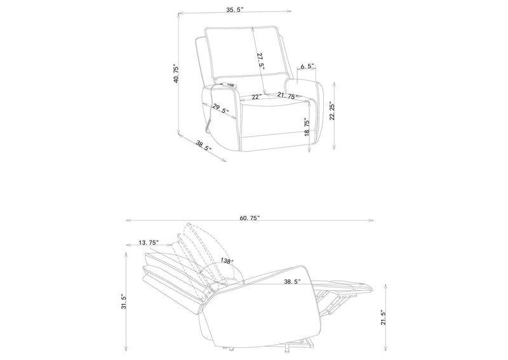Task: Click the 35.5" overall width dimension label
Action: coord(235,10)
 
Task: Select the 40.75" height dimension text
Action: coord(177,74)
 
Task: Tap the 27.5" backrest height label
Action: coord(261,61)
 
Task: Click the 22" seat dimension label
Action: coord(257,97)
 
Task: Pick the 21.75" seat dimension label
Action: coord(288,96)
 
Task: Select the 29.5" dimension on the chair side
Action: coord(221,109)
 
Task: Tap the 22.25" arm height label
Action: coord(332,111)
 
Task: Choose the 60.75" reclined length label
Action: coord(250,218)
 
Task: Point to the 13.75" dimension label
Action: coord(149,243)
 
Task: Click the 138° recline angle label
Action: coord(227,260)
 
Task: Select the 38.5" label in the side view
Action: coord(293,281)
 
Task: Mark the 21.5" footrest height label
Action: coord(384,317)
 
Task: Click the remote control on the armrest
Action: coord(227,84)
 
